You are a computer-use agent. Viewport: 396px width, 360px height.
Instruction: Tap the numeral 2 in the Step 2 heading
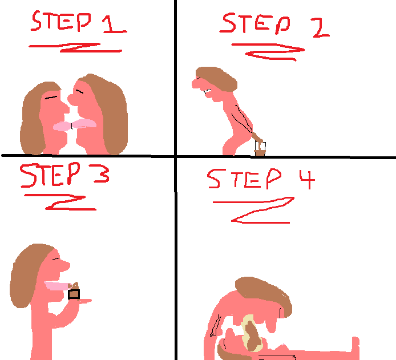click(x=321, y=29)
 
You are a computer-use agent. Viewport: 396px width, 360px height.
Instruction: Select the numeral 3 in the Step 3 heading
click(x=102, y=173)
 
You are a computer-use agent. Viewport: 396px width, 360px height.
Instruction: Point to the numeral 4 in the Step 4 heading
click(x=308, y=179)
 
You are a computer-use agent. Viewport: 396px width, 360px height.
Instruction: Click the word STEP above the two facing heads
click(x=61, y=21)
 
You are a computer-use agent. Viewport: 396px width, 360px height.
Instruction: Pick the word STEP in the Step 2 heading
click(x=255, y=23)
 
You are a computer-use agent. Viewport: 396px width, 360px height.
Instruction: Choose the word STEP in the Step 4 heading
click(x=244, y=179)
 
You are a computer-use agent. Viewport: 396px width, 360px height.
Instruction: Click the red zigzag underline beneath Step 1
click(x=76, y=47)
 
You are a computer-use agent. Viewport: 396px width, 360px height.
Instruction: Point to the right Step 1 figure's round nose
click(x=71, y=99)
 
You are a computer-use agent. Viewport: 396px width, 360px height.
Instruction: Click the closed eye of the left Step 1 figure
click(x=51, y=98)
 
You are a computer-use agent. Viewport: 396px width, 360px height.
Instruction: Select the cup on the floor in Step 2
click(x=260, y=149)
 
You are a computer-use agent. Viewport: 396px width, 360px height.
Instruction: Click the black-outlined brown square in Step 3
click(x=74, y=294)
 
